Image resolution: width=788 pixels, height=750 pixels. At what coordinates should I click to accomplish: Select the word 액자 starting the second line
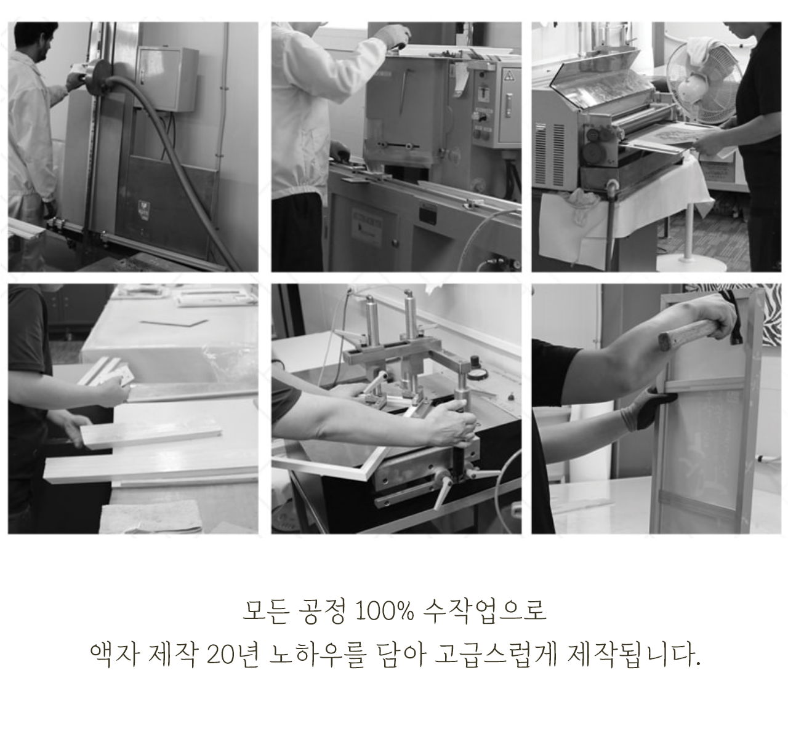[115, 656]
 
